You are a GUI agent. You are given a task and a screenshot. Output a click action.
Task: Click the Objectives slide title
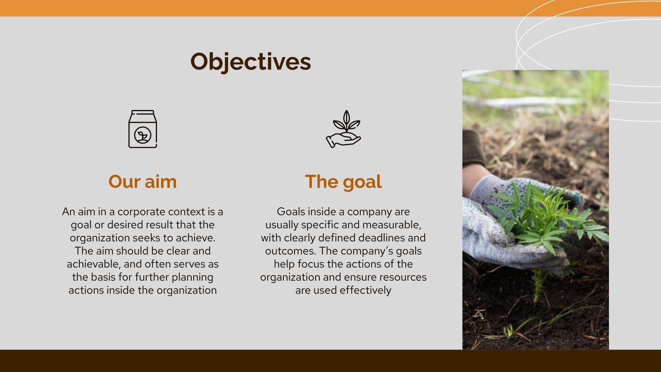point(250,62)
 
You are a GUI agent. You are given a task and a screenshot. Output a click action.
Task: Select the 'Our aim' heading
point(143,182)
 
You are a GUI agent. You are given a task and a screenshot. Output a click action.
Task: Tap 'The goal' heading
point(343,182)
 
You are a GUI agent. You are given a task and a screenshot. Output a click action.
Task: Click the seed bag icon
point(143,129)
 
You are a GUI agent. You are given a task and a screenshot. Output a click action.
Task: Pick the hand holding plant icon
point(343,129)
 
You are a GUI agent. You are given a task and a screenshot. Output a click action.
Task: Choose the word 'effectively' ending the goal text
point(365,291)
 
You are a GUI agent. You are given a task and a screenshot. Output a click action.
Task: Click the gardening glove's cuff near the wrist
point(485,186)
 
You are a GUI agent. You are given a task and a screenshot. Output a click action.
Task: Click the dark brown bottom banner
point(330,361)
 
